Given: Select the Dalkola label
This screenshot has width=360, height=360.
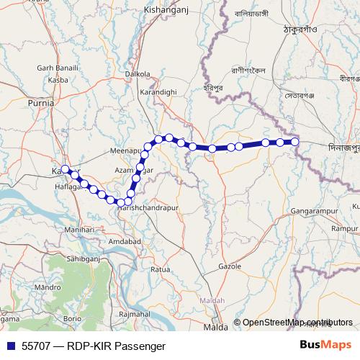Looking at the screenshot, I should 138,73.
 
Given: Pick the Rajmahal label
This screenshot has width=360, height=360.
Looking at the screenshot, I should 133,315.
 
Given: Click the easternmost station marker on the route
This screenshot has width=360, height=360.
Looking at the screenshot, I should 295,142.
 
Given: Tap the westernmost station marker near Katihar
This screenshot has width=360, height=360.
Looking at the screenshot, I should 66,169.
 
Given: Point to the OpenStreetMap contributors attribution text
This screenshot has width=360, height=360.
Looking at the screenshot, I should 297,323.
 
